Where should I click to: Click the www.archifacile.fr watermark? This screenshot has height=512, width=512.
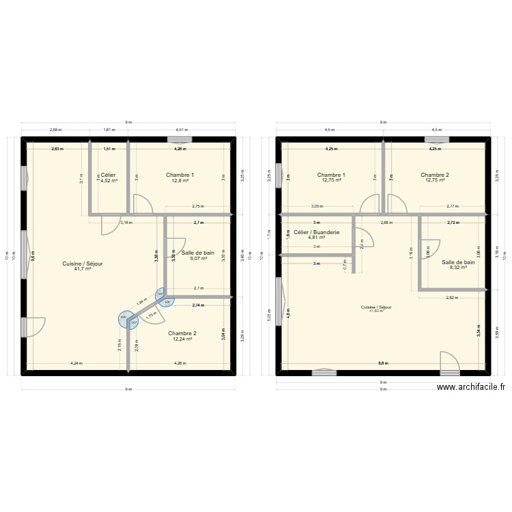click(x=470, y=386)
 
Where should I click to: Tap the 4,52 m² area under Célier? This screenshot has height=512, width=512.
click(x=109, y=181)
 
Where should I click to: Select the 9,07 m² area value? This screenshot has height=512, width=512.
click(x=198, y=259)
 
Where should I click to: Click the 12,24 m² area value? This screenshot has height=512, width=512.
click(x=182, y=339)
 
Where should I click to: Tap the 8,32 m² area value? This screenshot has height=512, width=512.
click(x=458, y=268)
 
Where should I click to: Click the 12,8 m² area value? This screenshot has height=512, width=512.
click(x=180, y=181)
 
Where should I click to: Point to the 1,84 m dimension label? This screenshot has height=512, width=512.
click(x=141, y=302)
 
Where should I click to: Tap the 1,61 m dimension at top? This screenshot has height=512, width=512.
click(x=109, y=130)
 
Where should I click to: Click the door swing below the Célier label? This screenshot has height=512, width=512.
click(x=110, y=226)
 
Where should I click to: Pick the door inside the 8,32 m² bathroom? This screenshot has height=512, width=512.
click(x=430, y=249)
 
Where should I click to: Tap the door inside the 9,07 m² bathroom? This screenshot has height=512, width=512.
click(x=175, y=247)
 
